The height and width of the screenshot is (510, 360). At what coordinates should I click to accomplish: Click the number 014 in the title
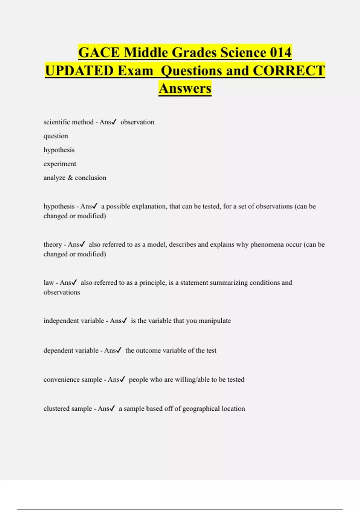(280, 52)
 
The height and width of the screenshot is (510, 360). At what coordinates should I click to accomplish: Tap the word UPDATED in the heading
(79, 71)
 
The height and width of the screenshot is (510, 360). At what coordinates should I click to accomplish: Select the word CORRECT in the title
(289, 71)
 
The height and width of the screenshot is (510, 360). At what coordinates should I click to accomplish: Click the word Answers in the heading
(185, 88)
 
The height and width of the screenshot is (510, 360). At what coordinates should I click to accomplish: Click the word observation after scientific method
(137, 122)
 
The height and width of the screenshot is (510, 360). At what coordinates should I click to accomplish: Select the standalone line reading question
(56, 136)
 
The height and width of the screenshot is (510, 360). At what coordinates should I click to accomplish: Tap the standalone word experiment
(60, 164)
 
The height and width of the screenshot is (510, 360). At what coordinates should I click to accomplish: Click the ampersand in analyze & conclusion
(70, 178)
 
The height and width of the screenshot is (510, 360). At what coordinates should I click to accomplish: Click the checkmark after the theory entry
(83, 244)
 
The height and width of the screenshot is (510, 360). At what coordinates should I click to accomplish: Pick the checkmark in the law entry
(74, 283)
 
